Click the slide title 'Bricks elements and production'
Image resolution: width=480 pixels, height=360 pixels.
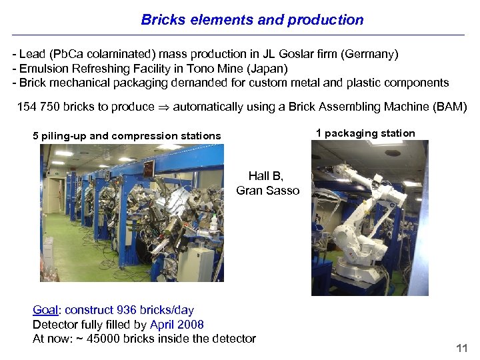click(x=252, y=20)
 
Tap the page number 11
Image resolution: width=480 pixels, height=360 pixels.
click(x=461, y=349)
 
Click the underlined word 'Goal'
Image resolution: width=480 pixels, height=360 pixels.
click(x=45, y=310)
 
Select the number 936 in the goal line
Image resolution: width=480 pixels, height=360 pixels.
click(x=126, y=310)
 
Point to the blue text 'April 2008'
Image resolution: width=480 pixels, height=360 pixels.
click(x=177, y=325)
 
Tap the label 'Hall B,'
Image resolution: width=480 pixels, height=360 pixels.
click(x=266, y=176)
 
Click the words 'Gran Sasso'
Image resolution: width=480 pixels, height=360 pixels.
click(x=267, y=191)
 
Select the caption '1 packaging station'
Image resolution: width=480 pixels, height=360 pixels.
click(x=365, y=133)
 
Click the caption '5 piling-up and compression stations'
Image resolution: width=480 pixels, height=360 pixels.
click(x=127, y=136)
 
